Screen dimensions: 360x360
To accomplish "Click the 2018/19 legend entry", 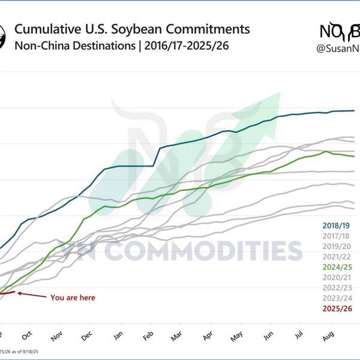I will (336, 225).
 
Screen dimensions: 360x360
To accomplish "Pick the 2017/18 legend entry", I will (336, 236).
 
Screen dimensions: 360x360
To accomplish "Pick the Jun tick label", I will (268, 337).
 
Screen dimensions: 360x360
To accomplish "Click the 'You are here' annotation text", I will (73, 297).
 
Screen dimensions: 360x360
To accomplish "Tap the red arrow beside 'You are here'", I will (30, 294).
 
